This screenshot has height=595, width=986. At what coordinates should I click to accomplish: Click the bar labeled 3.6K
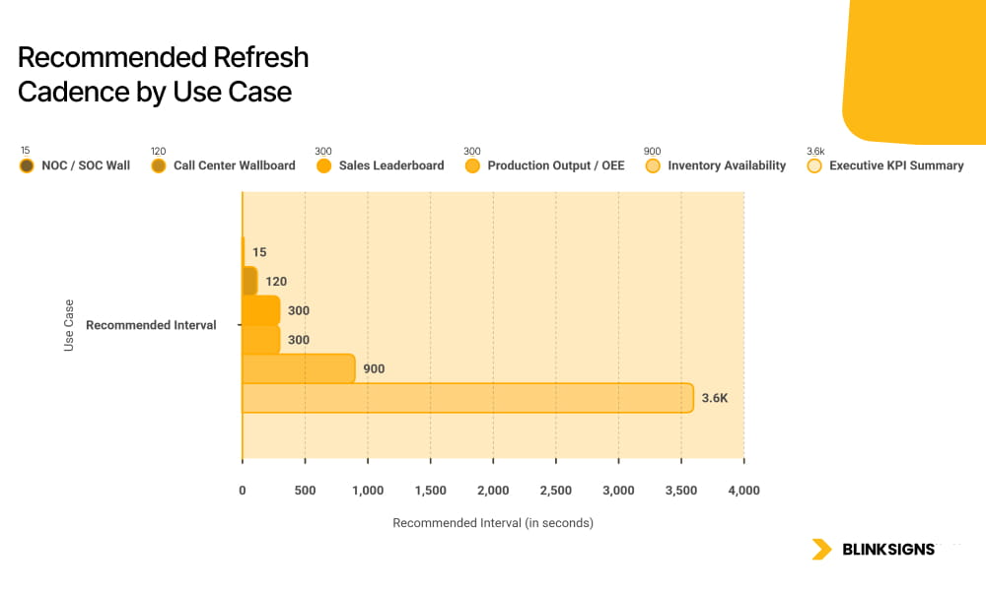click(x=467, y=398)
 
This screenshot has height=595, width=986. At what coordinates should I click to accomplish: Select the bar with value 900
click(x=298, y=368)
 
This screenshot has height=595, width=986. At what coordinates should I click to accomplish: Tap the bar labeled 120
click(x=249, y=282)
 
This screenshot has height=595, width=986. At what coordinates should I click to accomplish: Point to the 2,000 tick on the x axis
click(x=493, y=491)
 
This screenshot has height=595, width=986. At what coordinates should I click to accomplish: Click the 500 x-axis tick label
click(x=306, y=491)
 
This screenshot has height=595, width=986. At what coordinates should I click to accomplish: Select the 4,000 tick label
click(x=743, y=491)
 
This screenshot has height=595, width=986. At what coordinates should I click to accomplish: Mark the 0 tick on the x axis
click(x=243, y=491)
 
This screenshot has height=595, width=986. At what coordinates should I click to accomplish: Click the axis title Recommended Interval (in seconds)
click(x=493, y=523)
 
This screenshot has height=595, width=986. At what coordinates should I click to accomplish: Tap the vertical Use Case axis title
click(x=69, y=325)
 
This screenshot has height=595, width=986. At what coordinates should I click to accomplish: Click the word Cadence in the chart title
click(x=67, y=92)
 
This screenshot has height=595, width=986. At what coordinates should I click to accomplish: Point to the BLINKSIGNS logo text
click(x=887, y=550)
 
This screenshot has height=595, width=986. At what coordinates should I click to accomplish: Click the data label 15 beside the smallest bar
click(x=259, y=252)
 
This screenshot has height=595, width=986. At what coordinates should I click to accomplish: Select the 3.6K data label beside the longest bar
click(x=715, y=398)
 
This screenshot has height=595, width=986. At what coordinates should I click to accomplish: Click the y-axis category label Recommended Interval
click(x=151, y=325)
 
